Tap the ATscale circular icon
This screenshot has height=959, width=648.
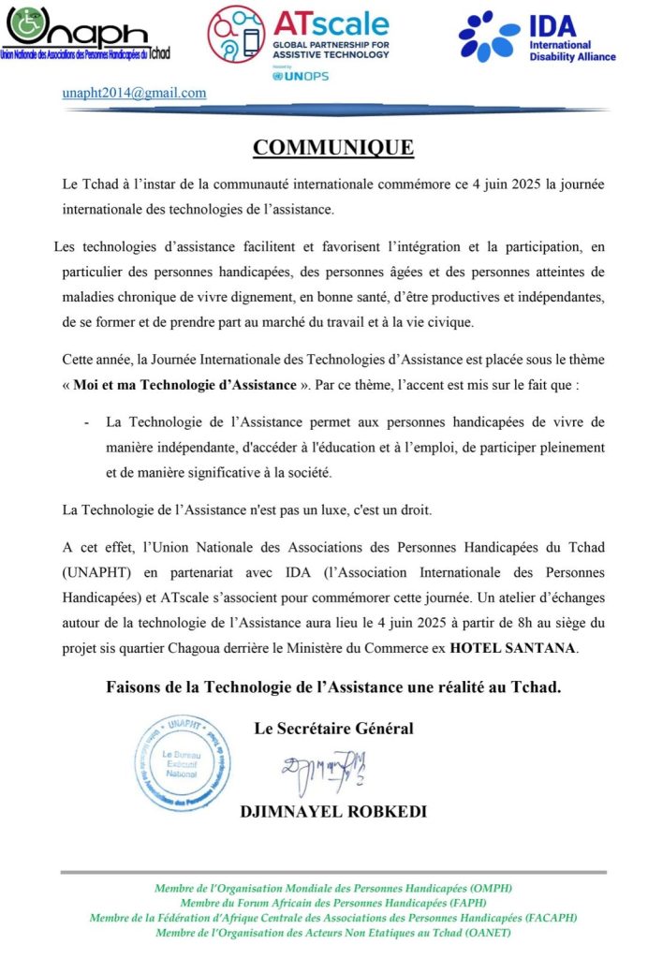pyautogui.click(x=236, y=35)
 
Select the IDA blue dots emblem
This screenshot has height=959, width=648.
pyautogui.click(x=488, y=37)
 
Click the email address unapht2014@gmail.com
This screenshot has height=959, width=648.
pyautogui.click(x=134, y=93)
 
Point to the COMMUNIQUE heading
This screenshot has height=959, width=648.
pyautogui.click(x=332, y=148)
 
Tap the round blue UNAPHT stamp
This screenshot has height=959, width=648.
pyautogui.click(x=182, y=762)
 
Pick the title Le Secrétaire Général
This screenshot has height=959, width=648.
pyautogui.click(x=333, y=728)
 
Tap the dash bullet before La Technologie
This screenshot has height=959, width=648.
pyautogui.click(x=87, y=423)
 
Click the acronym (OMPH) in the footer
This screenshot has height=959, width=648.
pyautogui.click(x=490, y=888)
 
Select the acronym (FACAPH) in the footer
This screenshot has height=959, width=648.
pyautogui.click(x=547, y=918)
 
